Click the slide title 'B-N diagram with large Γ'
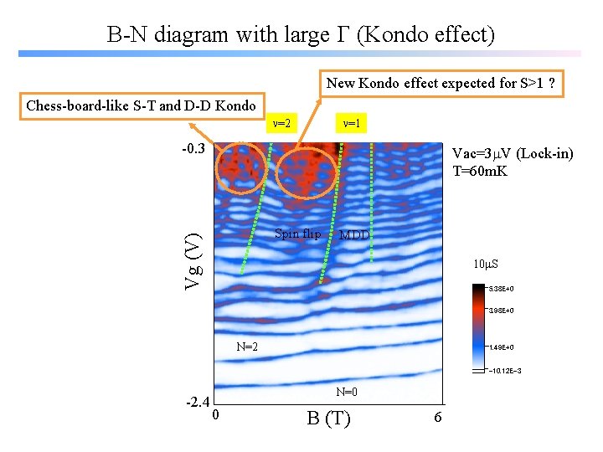301,34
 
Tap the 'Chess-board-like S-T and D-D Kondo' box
142,105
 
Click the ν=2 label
281,124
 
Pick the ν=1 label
352,124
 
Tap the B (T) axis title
328,418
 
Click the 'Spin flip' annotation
297,234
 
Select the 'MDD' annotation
353,235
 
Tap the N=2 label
246,346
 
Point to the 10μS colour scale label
486,265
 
